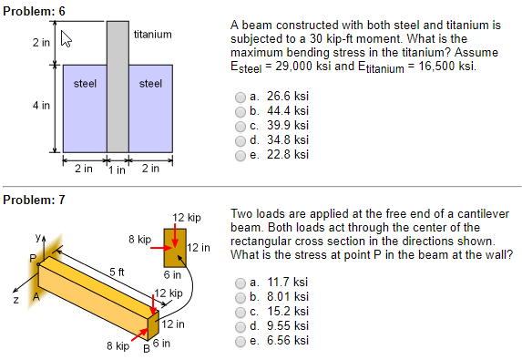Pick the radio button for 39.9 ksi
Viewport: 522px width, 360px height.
241,127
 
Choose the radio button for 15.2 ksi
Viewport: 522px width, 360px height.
241,313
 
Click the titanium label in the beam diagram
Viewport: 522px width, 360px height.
152,35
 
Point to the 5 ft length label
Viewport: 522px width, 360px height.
117,272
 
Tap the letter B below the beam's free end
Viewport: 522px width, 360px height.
144,346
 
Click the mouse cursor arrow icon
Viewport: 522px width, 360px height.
65,39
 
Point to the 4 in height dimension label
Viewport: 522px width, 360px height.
40,106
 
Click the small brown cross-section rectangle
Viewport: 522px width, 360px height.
175,247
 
